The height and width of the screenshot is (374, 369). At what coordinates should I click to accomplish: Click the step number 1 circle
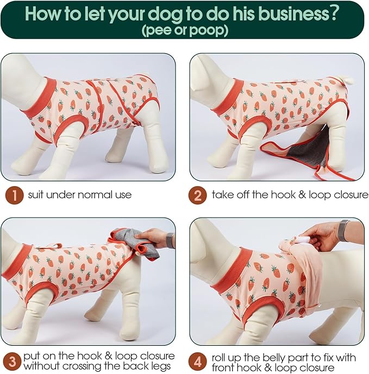coord(14,195)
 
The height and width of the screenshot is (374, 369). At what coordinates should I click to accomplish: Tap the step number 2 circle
coord(197,195)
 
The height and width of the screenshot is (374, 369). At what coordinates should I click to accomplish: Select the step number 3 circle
coord(12,361)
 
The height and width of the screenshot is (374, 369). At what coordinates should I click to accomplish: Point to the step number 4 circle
coord(197,362)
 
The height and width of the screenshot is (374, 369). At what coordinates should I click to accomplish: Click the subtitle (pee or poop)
coord(185,30)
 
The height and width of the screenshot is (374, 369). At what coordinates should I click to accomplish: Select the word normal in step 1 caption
coord(95,195)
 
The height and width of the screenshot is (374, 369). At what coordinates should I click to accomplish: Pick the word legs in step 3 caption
coord(160,366)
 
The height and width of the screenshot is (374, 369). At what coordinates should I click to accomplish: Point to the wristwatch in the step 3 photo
coord(170,240)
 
